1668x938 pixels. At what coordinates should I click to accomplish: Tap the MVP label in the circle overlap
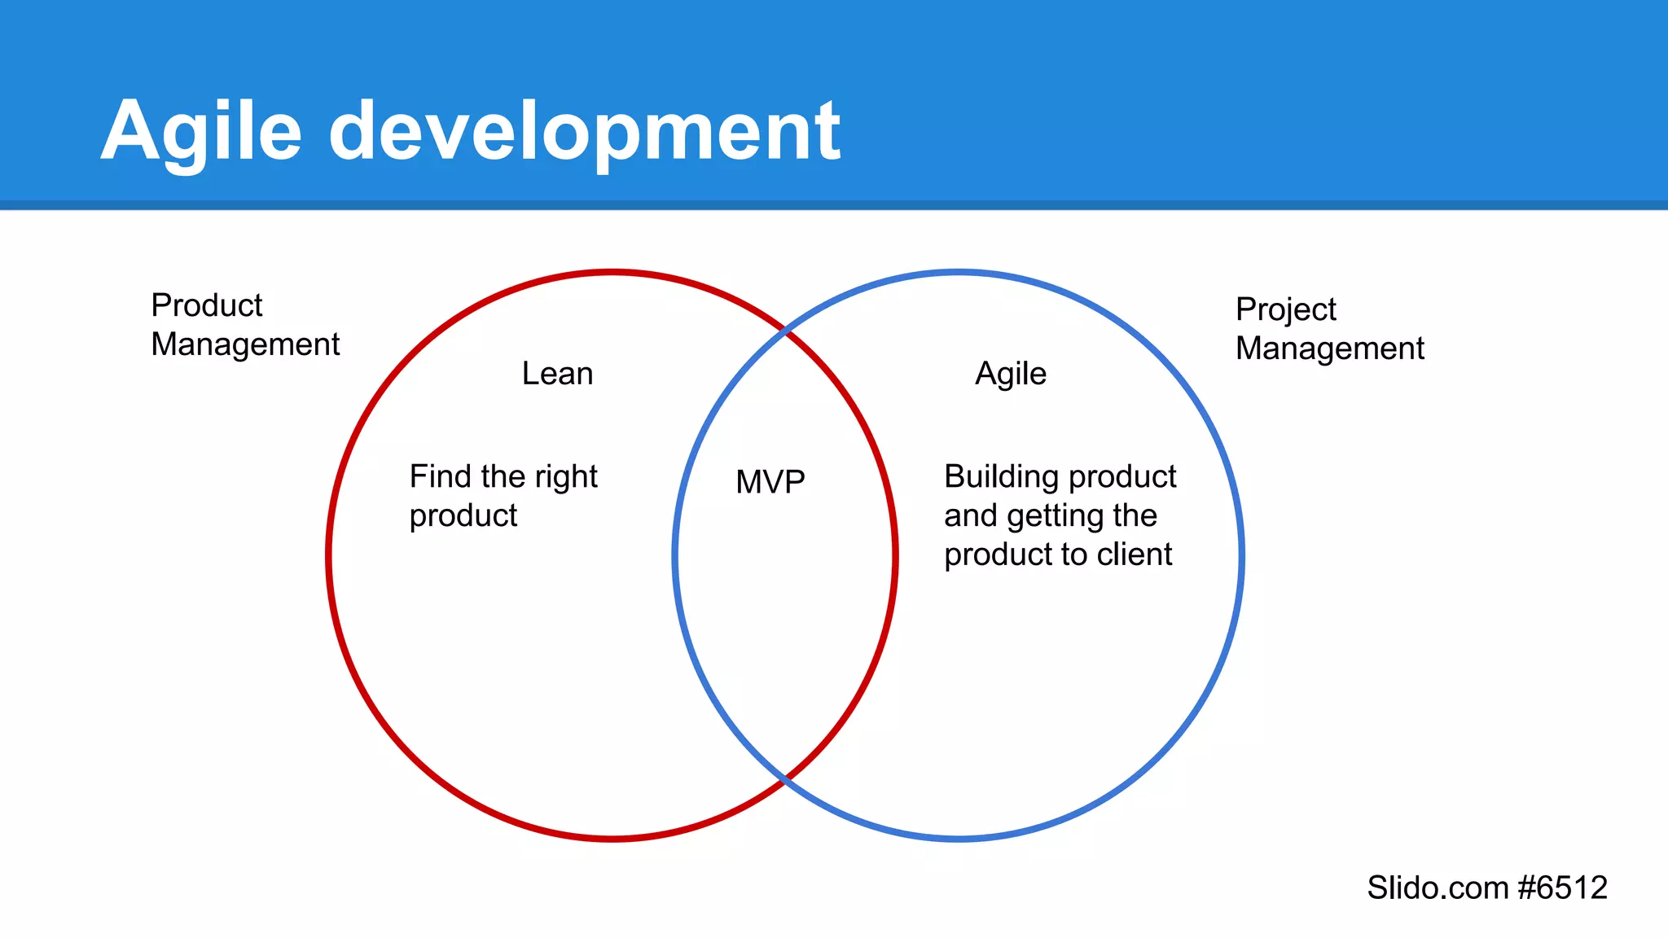(770, 482)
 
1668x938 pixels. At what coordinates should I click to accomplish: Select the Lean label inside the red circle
(557, 374)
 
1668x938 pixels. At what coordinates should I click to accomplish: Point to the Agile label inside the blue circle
(1011, 375)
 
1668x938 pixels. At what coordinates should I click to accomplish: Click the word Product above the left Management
(207, 305)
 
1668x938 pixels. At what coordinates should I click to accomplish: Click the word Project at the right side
(1285, 310)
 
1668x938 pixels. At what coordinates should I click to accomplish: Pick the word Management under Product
(245, 345)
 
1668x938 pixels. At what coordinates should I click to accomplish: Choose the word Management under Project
(1329, 349)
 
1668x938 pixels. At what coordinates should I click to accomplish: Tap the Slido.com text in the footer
(1438, 888)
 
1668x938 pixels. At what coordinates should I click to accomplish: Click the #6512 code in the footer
(1563, 888)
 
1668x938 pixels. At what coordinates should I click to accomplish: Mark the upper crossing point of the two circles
(785, 331)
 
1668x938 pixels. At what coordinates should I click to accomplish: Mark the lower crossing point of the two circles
(785, 780)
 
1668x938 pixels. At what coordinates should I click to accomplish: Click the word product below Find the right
(463, 516)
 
